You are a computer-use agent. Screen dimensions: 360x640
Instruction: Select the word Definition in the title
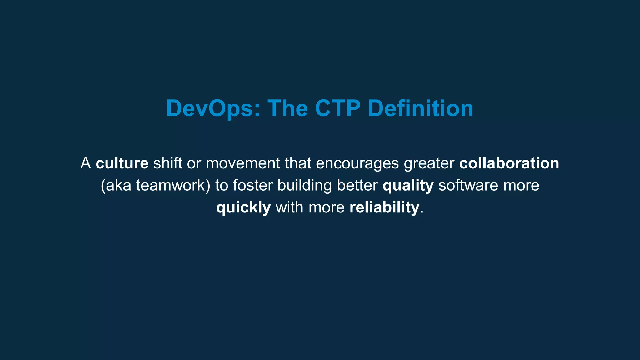coord(421,108)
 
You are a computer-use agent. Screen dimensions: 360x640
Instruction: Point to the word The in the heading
coord(287,108)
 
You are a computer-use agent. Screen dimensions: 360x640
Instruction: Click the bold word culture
coord(122,163)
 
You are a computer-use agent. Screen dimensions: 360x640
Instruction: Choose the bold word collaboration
coord(509,163)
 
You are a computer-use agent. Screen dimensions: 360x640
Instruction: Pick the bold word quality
coord(408,186)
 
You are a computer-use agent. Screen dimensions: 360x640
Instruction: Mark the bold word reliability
coord(384,207)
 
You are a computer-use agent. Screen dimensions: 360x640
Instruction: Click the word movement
coord(243,163)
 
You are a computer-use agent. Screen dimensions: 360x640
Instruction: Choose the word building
coord(304,186)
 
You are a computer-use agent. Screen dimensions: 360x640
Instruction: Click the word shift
coord(167,163)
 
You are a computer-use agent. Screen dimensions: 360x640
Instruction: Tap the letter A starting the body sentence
coord(86,163)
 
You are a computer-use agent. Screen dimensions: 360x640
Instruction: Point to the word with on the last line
coord(289,207)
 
